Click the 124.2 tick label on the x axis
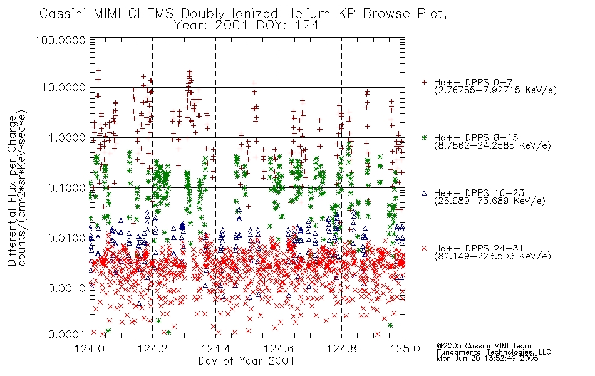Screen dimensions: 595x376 [x=153, y=348]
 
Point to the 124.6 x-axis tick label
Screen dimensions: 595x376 [x=279, y=348]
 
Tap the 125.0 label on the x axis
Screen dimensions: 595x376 [x=405, y=348]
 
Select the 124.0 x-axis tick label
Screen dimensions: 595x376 [x=90, y=348]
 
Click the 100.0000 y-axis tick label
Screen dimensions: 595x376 [x=61, y=40]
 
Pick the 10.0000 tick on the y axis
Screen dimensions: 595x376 [x=64, y=88]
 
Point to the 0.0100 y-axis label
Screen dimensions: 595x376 [x=67, y=238]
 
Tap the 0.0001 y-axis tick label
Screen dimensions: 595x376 [x=67, y=335]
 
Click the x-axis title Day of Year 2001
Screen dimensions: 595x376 [x=247, y=361]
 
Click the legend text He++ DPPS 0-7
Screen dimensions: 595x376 [x=473, y=82]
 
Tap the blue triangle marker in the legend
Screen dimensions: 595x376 [x=424, y=193]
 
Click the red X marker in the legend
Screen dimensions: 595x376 [x=424, y=248]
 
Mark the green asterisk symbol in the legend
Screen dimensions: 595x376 [x=424, y=137]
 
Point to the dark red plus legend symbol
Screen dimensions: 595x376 [x=424, y=82]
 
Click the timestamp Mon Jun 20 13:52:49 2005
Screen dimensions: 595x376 [x=487, y=358]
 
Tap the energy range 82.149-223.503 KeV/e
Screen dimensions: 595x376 [x=492, y=256]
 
